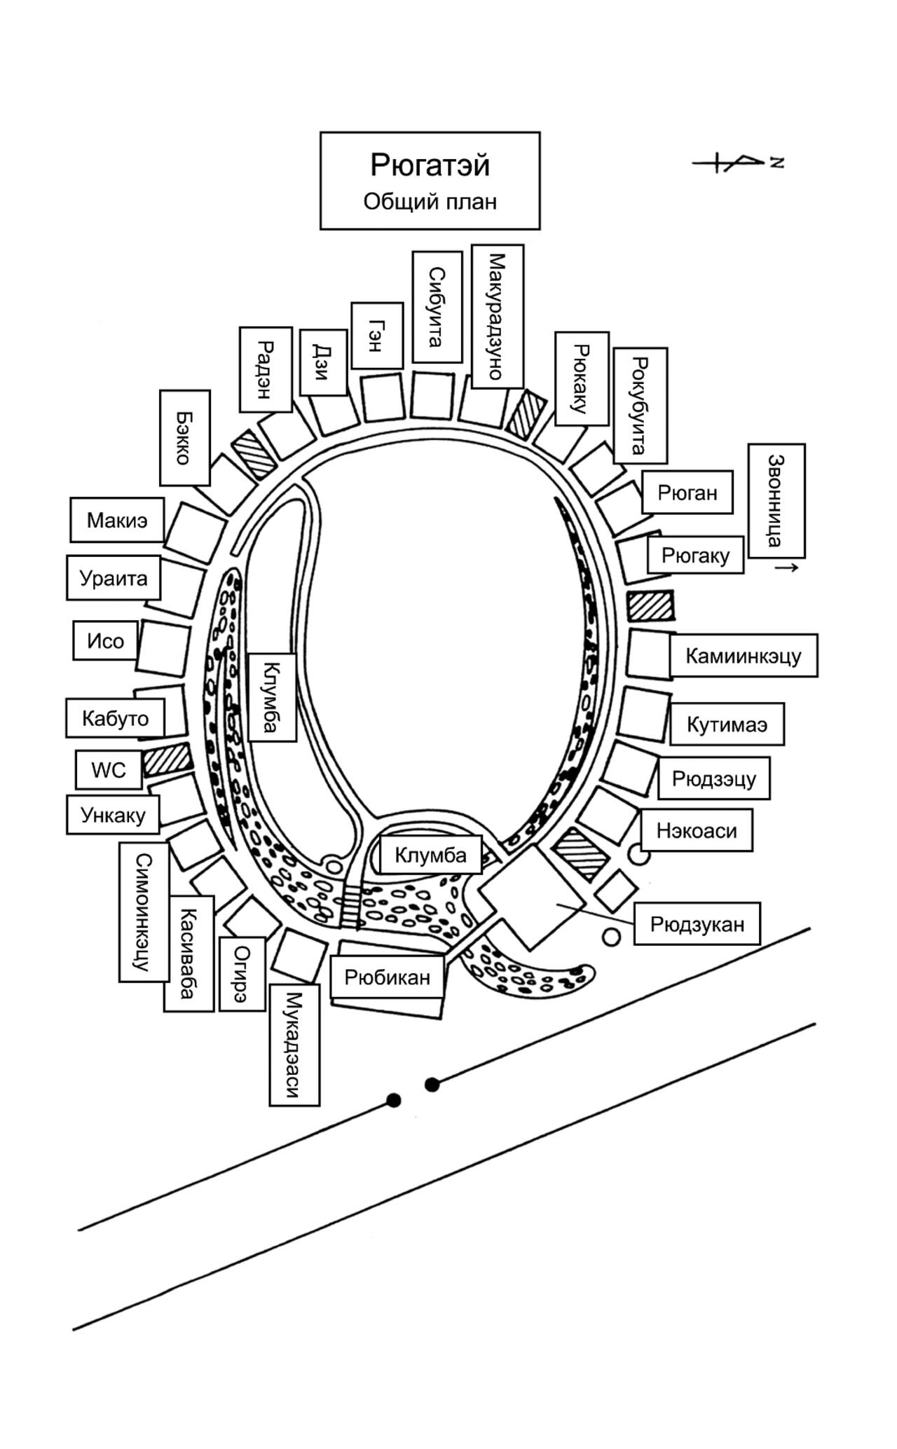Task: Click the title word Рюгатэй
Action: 430,165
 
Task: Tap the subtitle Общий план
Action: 430,202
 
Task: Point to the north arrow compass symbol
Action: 737,163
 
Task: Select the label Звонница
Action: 776,500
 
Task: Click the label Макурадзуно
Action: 497,316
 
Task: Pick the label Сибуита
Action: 437,307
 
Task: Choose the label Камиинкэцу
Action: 743,656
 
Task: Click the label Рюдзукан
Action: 697,923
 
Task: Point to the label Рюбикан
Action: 387,977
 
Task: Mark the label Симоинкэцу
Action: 144,911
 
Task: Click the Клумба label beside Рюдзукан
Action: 430,855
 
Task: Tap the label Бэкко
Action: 184,438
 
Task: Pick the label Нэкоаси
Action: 697,830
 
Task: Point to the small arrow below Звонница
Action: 786,567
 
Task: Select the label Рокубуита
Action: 640,405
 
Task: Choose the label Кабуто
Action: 116,718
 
